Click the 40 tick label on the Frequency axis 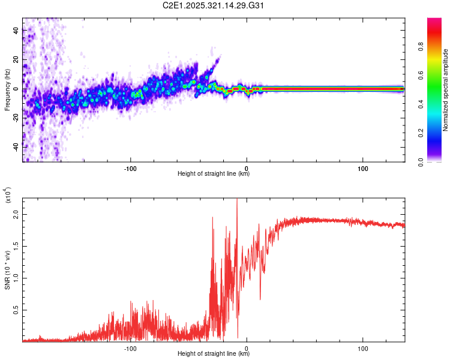coord(16,29)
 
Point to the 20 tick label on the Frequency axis coord(16,59)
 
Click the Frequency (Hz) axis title coord(7,90)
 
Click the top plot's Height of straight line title coord(214,174)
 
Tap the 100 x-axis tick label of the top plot coord(362,167)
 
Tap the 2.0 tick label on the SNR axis coord(16,214)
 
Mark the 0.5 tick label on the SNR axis coord(16,310)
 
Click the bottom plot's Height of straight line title coord(214,354)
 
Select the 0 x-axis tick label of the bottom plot coord(247,347)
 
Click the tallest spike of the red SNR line coord(237,200)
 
